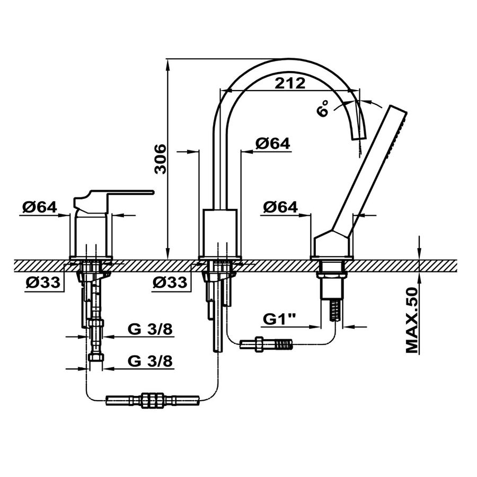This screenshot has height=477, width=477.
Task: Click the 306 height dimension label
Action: coord(161,159)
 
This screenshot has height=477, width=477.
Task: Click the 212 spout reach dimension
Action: coord(289,83)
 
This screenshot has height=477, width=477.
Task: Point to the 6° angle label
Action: coord(323,108)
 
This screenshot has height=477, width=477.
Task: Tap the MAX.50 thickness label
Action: coord(413,320)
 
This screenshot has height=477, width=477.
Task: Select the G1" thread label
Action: coord(279,319)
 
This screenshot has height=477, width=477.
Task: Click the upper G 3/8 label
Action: coord(150,329)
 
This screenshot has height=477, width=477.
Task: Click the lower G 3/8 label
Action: coord(150,361)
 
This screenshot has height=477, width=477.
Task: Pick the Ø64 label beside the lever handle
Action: coord(40,207)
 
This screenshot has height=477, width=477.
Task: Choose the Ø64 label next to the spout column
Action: coord(273,143)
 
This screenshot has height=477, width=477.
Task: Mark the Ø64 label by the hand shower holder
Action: coord(280,207)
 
